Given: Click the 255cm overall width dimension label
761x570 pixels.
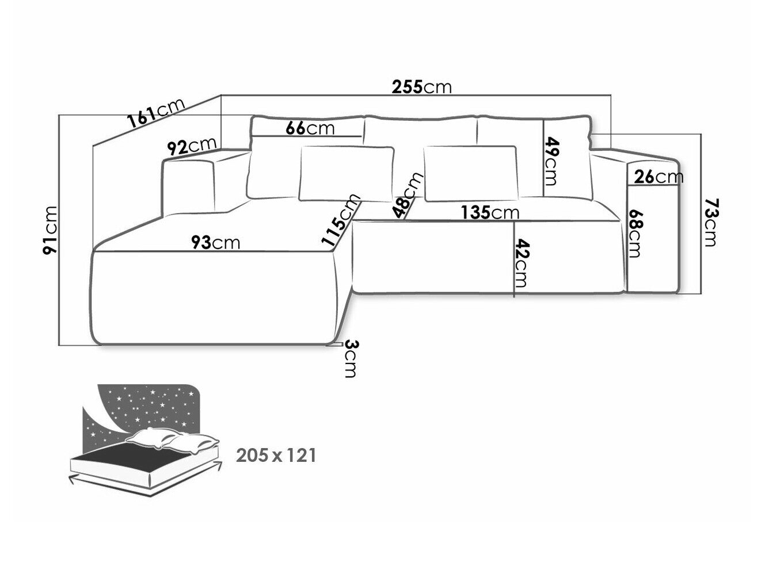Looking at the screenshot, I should (421, 87).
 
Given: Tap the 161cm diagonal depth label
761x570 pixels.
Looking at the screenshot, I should (156, 113).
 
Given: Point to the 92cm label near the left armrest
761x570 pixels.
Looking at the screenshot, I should (191, 146).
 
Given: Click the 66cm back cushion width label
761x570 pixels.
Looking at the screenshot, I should (310, 128).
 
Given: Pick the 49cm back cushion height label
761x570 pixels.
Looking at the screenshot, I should (551, 160).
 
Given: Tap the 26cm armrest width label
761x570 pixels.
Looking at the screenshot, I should (659, 177).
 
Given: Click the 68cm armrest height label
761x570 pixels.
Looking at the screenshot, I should (636, 232).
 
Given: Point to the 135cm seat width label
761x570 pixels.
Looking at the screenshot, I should (489, 213).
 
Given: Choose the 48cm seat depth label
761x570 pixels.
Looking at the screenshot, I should (409, 196).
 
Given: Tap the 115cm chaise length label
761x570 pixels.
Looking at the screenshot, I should (342, 220).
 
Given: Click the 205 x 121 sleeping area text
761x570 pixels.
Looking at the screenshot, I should (276, 456).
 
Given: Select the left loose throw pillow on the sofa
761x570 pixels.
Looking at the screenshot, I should (346, 174).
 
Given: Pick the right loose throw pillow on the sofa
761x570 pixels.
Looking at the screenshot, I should (471, 173).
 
